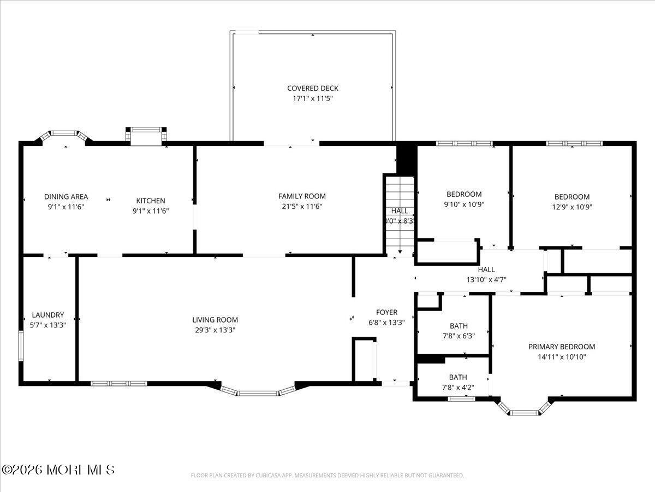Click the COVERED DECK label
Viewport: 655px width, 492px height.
click(313, 88)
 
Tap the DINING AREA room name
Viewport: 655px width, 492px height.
click(66, 197)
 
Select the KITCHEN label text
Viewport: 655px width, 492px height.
click(151, 201)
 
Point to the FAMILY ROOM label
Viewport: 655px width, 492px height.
click(302, 196)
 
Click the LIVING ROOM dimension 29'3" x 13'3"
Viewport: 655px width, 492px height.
click(215, 330)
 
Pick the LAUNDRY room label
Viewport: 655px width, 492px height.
click(48, 315)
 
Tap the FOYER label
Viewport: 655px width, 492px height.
click(386, 312)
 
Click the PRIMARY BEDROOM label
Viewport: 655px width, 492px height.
click(562, 347)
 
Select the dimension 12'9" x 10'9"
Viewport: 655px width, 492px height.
click(572, 207)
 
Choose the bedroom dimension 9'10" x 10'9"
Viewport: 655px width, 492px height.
click(464, 204)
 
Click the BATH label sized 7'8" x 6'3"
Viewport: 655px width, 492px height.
click(458, 326)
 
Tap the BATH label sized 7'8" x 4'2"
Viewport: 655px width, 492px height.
click(458, 377)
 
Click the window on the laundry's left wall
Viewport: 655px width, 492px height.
click(21, 345)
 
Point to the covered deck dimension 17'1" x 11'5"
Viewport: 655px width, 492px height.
click(313, 99)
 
